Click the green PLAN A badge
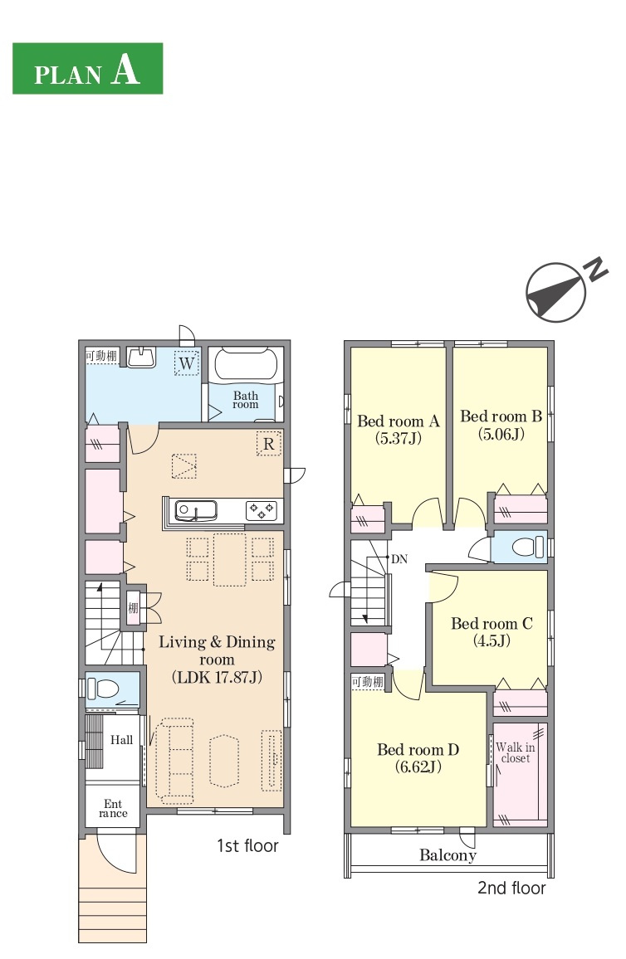tap(87, 69)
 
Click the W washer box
tap(187, 363)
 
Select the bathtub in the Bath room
tap(246, 365)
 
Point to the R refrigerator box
tap(269, 444)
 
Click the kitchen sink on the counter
tap(195, 511)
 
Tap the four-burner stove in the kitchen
tap(262, 511)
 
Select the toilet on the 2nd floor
tap(528, 546)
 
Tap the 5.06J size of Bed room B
tap(501, 434)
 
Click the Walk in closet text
tap(516, 752)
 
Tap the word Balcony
tap(448, 855)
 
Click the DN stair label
tap(399, 559)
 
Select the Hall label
tap(122, 740)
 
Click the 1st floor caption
tap(248, 846)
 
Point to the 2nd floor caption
tap(511, 888)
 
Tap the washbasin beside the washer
tap(142, 358)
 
